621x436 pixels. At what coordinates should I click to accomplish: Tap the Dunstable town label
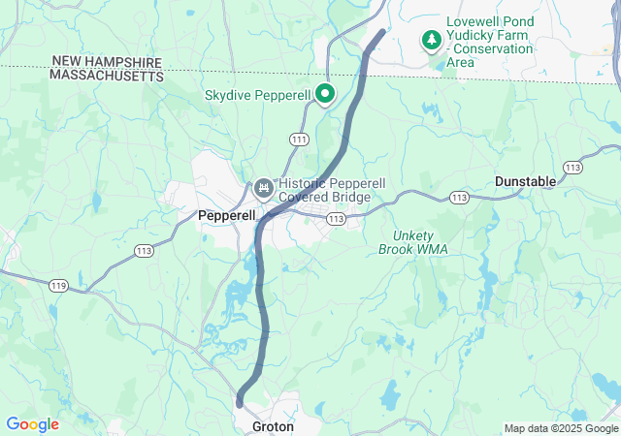525,181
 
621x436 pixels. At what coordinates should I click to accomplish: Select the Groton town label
273,426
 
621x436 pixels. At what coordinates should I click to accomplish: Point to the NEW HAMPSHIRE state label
107,61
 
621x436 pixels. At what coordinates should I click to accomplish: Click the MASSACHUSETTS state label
107,75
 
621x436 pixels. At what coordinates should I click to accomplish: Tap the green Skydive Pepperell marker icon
325,94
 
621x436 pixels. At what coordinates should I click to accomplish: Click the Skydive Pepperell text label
257,95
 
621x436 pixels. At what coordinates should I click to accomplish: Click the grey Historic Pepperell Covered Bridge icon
263,186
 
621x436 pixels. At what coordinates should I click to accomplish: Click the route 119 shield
57,285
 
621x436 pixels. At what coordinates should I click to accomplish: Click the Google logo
32,424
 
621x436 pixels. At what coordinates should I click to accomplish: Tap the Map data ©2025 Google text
560,428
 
